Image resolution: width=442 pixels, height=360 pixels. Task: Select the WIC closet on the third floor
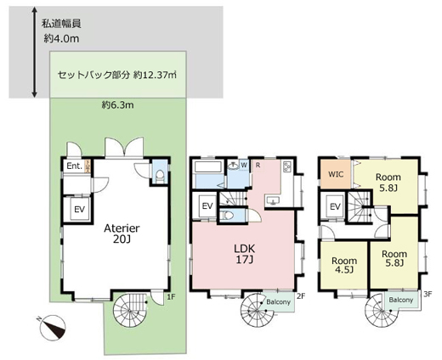pyautogui.click(x=335, y=177)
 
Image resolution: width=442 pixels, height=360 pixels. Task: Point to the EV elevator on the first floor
pyautogui.click(x=77, y=209)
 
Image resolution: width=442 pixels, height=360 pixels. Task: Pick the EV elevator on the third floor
pyautogui.click(x=335, y=207)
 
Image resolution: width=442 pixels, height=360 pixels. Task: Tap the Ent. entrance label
pyautogui.click(x=73, y=166)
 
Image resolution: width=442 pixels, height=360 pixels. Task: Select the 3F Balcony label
pyautogui.click(x=400, y=301)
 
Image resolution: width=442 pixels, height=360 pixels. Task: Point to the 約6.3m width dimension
pyautogui.click(x=118, y=106)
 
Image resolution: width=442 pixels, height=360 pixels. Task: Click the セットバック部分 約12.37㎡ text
pyautogui.click(x=116, y=75)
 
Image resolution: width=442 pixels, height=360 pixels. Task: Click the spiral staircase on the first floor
pyautogui.click(x=131, y=307)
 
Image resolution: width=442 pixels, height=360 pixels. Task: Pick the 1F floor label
pyautogui.click(x=170, y=296)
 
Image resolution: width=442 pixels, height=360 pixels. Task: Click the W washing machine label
pyautogui.click(x=244, y=165)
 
